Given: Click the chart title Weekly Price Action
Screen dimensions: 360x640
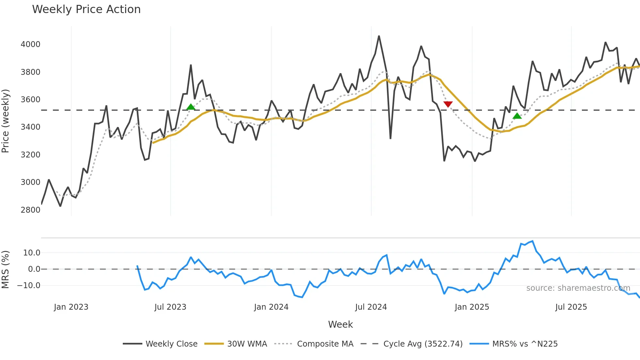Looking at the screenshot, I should pos(86,9).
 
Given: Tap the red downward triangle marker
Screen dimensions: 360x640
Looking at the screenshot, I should pos(448,104).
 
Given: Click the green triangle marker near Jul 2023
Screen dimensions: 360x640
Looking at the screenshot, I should pos(191,107).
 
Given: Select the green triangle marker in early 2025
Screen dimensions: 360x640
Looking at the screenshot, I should pos(517,116).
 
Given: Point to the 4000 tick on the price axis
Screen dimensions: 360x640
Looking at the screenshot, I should pos(30,44).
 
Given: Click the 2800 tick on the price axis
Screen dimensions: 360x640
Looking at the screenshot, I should pos(30,210).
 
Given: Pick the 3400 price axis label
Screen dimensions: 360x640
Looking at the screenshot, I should pos(30,127).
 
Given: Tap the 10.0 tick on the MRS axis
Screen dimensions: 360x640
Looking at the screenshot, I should pos(32,253).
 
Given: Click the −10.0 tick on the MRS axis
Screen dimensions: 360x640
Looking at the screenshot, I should pos(29,285).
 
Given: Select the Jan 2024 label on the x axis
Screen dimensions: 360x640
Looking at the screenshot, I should pos(271,307).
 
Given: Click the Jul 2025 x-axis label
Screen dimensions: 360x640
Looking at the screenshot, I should pos(571,307).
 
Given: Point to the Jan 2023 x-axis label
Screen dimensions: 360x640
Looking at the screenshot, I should pos(71,307).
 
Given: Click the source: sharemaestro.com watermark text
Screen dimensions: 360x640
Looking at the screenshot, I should pos(578,288).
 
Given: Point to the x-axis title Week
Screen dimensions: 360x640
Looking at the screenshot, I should pos(340,324).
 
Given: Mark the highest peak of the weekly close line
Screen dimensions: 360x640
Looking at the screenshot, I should pos(379,36).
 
